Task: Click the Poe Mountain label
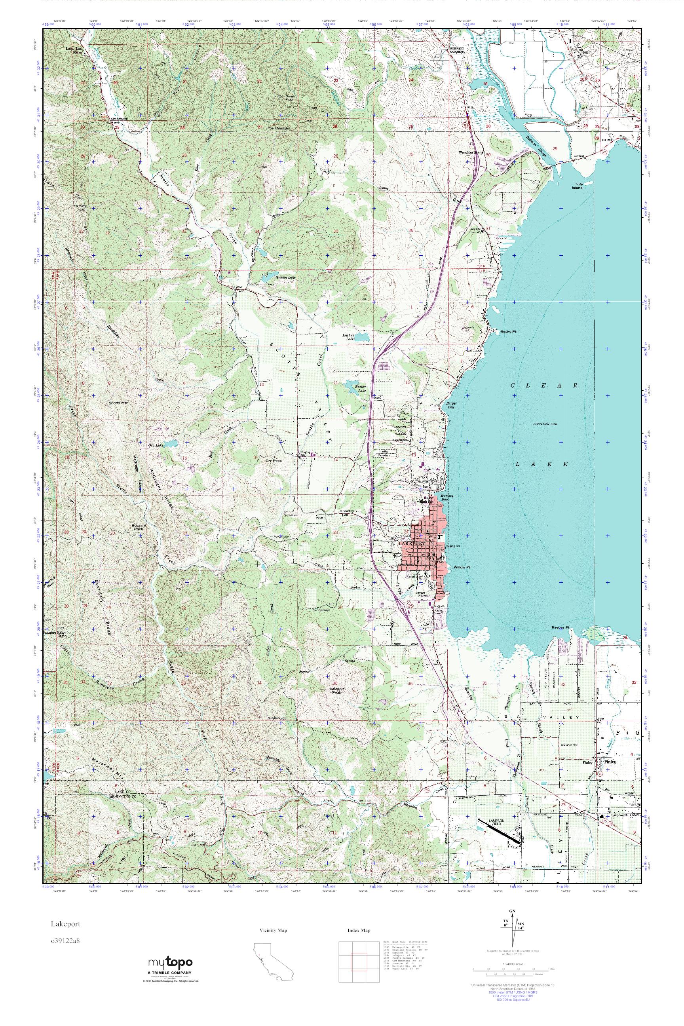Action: [x=279, y=128]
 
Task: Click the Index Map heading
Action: [x=359, y=928]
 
